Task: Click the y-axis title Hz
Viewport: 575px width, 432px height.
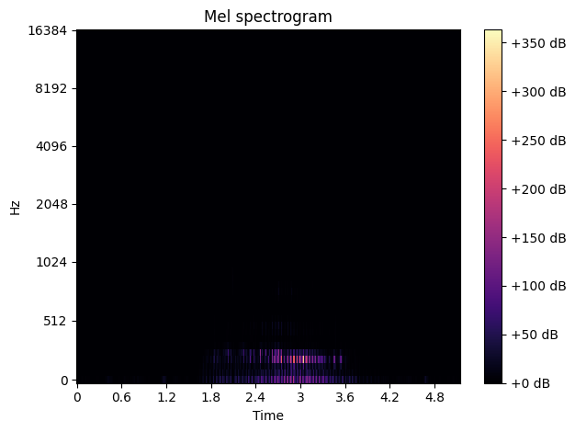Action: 16,207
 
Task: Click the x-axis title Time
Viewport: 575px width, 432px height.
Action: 268,416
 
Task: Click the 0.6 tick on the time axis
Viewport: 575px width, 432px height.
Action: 121,398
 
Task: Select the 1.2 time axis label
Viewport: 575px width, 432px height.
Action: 166,398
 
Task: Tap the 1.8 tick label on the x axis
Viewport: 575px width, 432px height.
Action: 210,398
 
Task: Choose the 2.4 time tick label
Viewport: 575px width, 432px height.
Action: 255,398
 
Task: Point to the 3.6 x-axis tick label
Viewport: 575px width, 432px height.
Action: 344,398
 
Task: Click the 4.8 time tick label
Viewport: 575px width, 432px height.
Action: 434,398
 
